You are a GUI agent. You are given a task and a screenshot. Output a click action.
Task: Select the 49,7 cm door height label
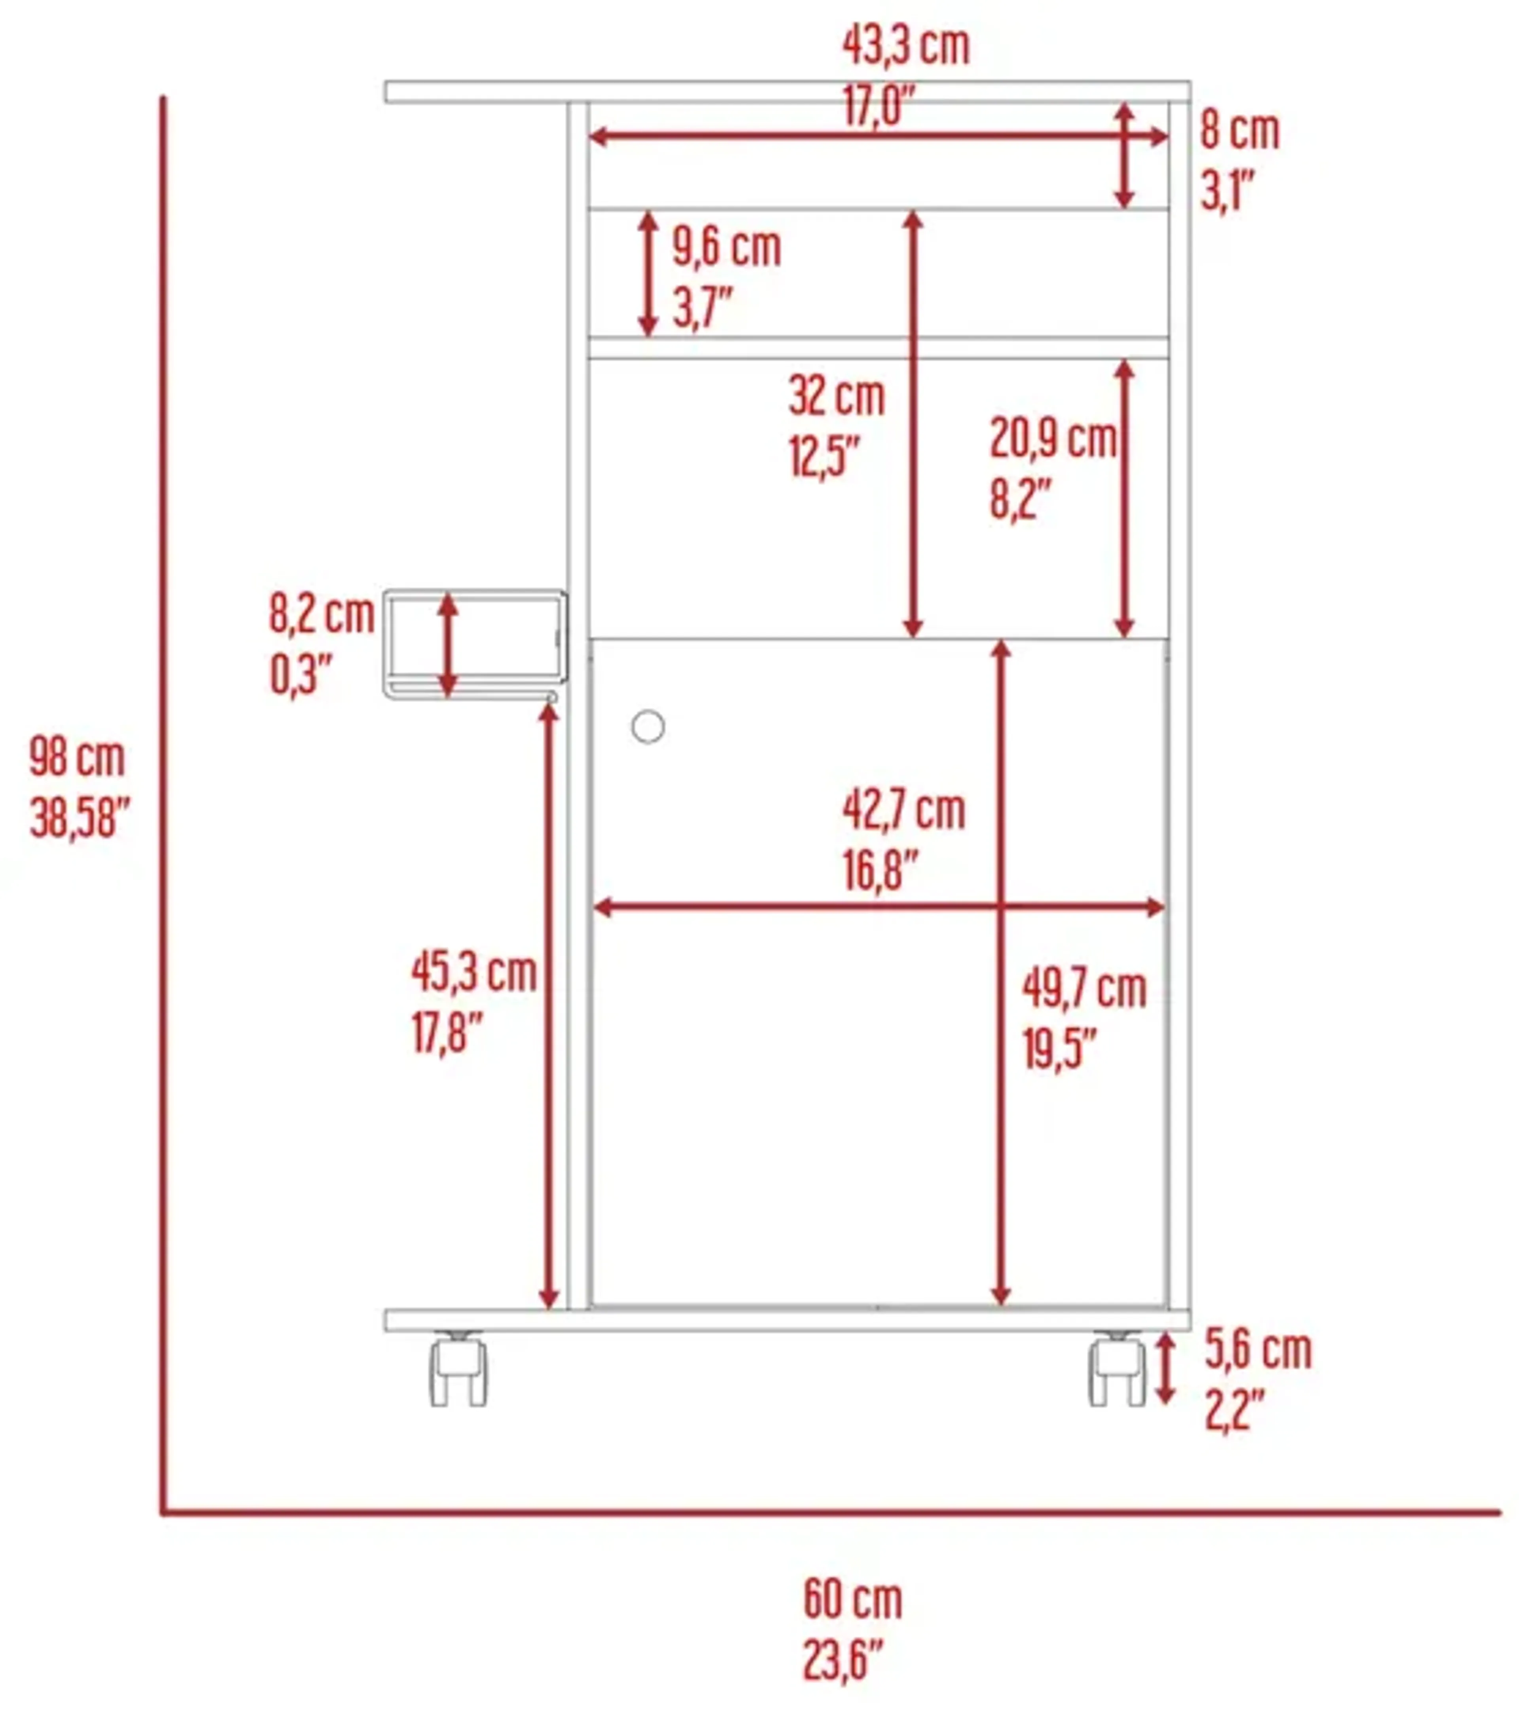[1084, 989]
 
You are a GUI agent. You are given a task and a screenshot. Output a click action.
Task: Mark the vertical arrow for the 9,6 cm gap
[648, 274]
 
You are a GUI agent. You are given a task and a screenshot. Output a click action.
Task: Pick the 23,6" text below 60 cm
[843, 1660]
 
